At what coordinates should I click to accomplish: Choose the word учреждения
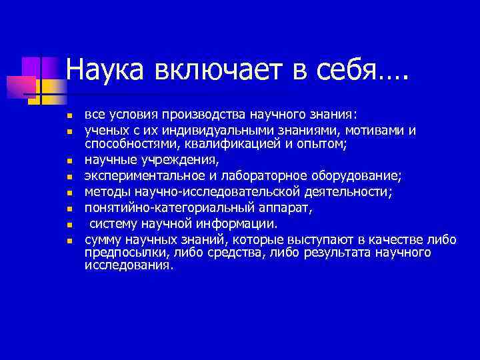point(177,160)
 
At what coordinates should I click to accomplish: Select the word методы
point(105,193)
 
